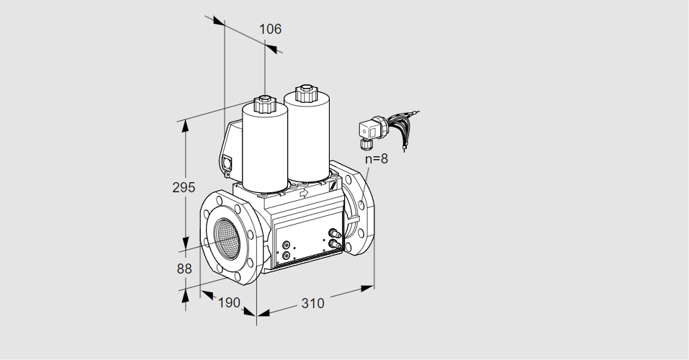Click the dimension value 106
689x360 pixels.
(270, 30)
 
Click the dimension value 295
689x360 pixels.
(184, 188)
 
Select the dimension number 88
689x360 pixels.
(184, 269)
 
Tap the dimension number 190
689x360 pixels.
(228, 302)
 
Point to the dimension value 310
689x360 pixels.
(312, 303)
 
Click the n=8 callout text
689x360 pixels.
(376, 159)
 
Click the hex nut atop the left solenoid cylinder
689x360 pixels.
(265, 104)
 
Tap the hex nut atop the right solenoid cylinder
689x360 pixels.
(306, 93)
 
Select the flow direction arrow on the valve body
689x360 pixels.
(303, 193)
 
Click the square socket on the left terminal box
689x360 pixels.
(229, 163)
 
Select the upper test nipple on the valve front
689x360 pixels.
(333, 233)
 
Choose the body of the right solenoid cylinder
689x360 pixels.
(309, 137)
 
